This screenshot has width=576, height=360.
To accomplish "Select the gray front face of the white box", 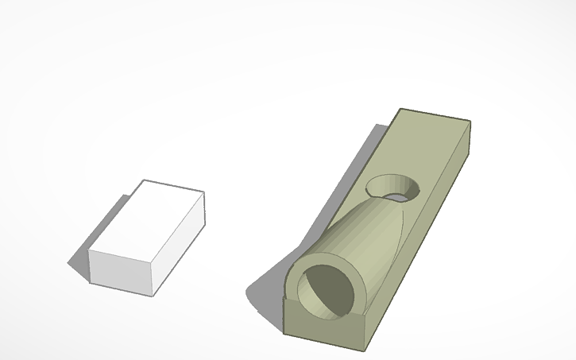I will pyautogui.click(x=120, y=271).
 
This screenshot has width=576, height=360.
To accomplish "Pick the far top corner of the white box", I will pyautogui.click(x=144, y=180).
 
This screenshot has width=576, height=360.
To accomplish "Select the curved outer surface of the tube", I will pyautogui.click(x=358, y=230).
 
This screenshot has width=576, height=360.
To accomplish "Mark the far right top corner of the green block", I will pyautogui.click(x=470, y=121).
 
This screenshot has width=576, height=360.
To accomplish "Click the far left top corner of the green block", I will pyautogui.click(x=400, y=109).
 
